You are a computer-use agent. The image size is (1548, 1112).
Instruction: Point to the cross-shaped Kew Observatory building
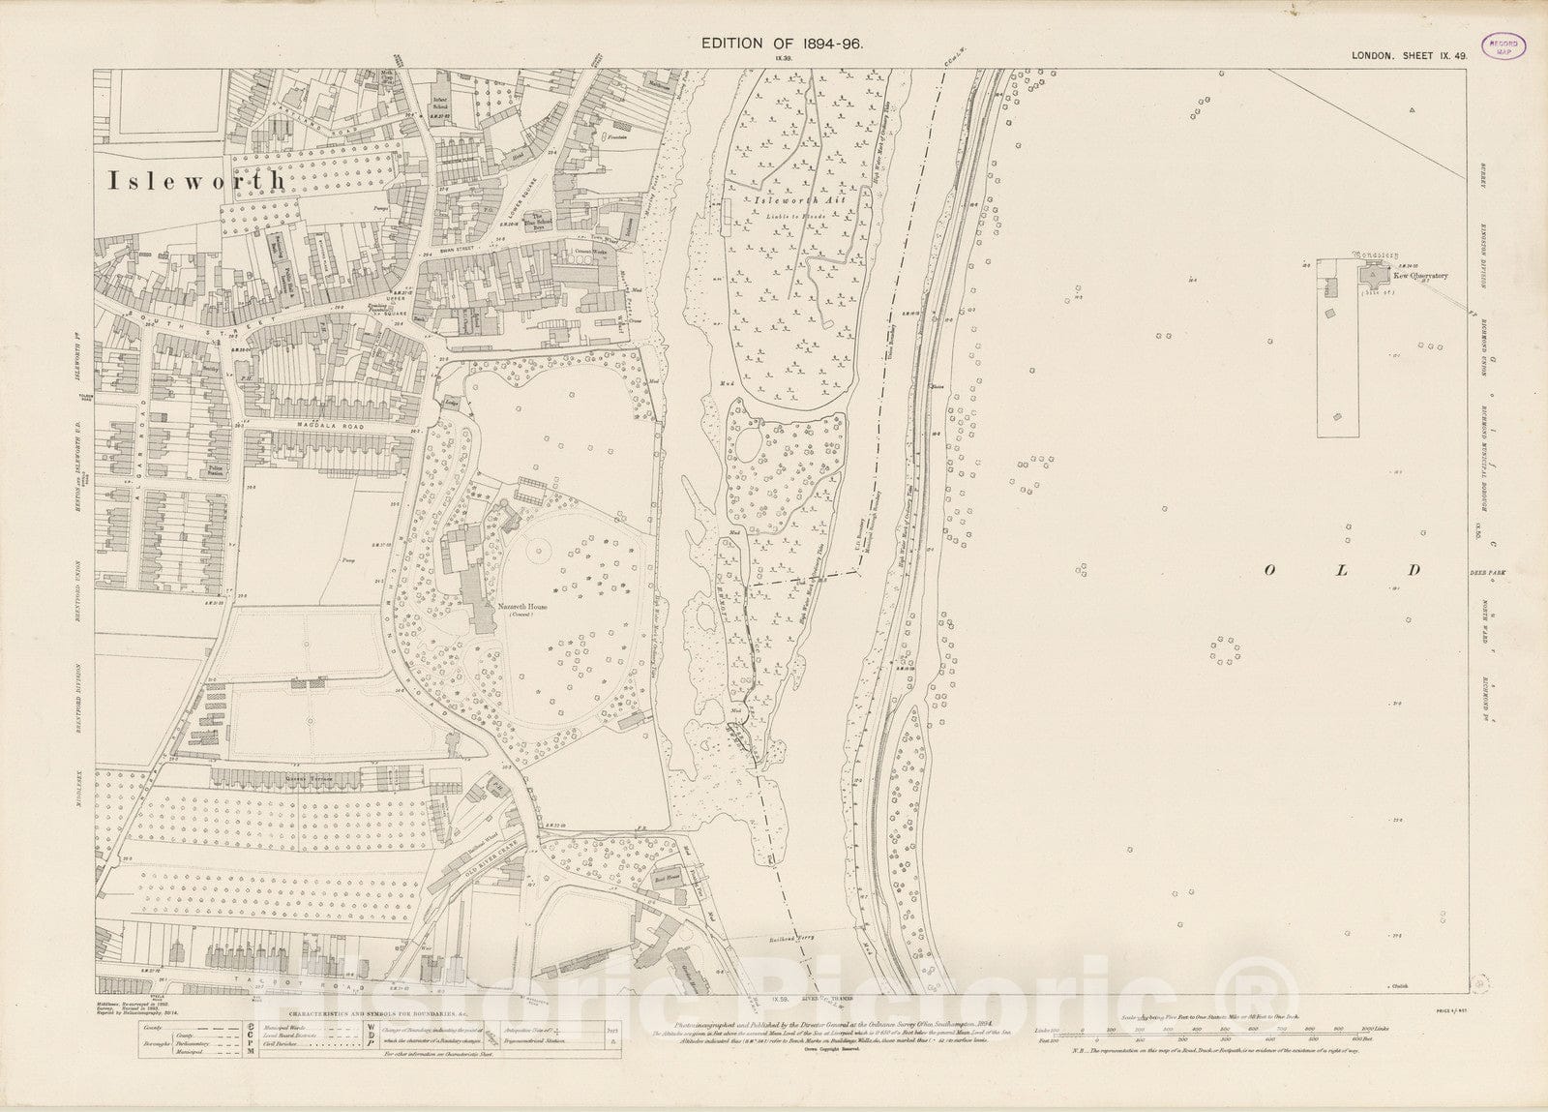(x=1371, y=278)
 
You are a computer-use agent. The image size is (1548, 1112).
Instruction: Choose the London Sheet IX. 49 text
(x=1412, y=57)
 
